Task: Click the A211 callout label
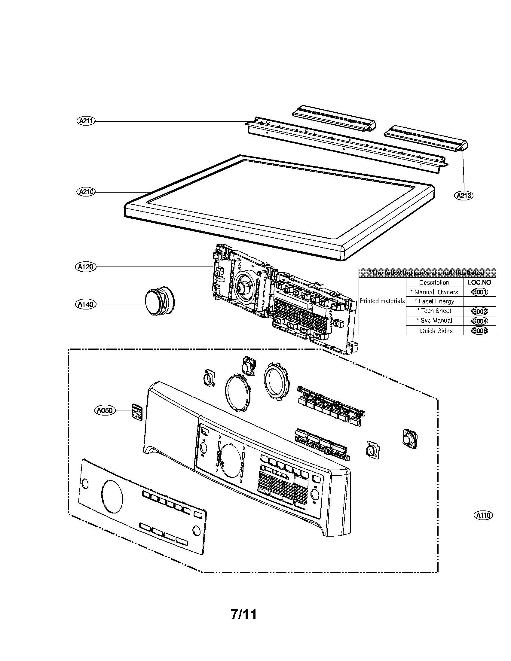point(86,121)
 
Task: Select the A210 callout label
point(86,192)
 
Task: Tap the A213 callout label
point(464,196)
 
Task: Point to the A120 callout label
point(86,267)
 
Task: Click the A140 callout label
point(86,304)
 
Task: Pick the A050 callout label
point(104,410)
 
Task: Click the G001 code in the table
point(479,292)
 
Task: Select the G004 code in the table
point(479,321)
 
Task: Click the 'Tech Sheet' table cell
point(434,311)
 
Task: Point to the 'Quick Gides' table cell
point(434,331)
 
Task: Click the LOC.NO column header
point(479,282)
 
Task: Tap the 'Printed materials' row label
point(382,301)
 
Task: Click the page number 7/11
point(244,615)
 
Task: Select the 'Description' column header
point(434,282)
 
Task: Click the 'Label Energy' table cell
point(434,301)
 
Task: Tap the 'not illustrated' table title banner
point(427,273)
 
